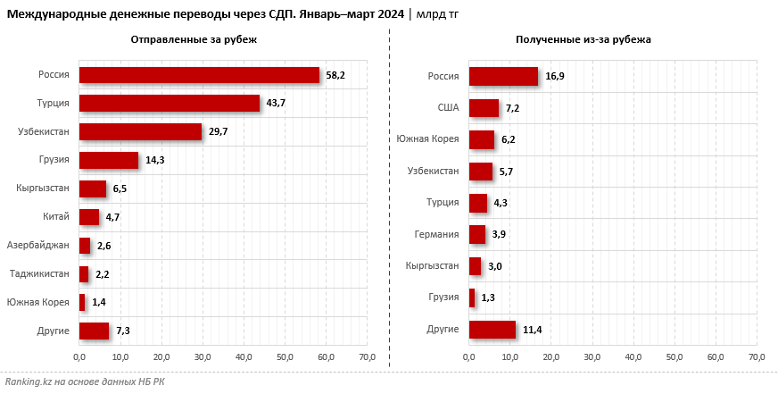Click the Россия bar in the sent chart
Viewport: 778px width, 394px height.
[x=199, y=75]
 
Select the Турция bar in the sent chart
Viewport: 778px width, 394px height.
[x=170, y=103]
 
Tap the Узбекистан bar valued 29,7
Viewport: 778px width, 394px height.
[x=140, y=131]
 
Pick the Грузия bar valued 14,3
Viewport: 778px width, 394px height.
[x=109, y=160]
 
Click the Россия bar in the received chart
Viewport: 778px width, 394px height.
[x=503, y=76]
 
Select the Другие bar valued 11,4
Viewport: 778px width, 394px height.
[x=492, y=330]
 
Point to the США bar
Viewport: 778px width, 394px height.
[x=484, y=108]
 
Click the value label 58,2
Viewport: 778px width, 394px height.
[x=335, y=76]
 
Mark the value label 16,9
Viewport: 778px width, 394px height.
[x=555, y=77]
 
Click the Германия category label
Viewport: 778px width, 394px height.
[x=436, y=234]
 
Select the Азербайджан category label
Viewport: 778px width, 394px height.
[x=37, y=245]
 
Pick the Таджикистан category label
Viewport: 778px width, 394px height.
[x=39, y=273]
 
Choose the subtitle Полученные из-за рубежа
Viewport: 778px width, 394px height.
[x=583, y=40]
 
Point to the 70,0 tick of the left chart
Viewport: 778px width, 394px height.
[x=368, y=357]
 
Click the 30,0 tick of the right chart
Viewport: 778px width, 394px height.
[x=592, y=357]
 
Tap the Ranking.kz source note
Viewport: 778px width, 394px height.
[x=84, y=381]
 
